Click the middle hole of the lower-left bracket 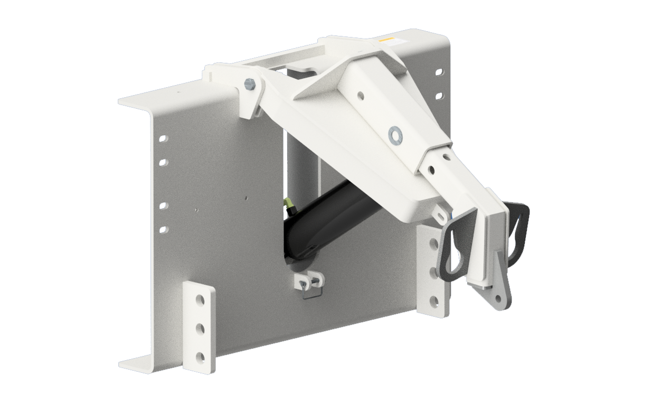click(x=200, y=329)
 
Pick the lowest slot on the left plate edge click(x=163, y=229)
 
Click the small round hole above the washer click(x=360, y=96)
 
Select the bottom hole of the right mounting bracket click(x=433, y=302)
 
